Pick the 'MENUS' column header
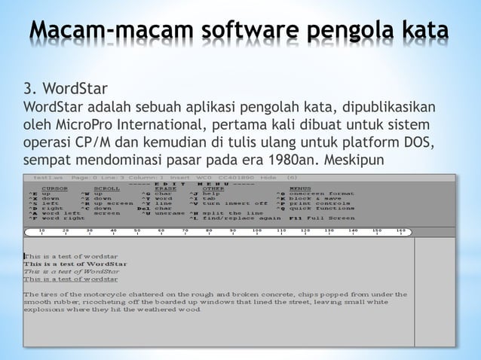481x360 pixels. [x=300, y=188]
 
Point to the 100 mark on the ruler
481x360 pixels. [x=256, y=231]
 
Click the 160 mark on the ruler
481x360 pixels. [x=400, y=231]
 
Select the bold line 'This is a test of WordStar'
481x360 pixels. [x=75, y=264]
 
